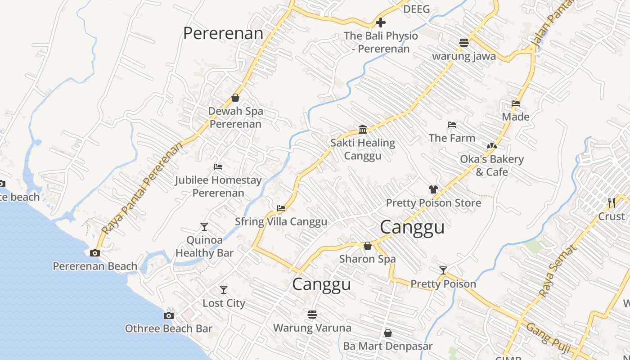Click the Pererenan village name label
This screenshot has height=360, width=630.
[x=223, y=33]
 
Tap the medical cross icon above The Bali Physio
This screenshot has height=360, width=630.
[x=381, y=22]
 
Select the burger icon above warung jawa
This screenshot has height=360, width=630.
[x=464, y=43]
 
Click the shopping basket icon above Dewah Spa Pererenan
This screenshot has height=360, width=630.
[x=235, y=98]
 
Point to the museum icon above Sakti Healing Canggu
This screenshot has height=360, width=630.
[x=363, y=130]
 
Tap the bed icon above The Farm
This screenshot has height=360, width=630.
[x=452, y=125]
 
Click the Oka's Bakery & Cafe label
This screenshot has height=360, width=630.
[x=492, y=166]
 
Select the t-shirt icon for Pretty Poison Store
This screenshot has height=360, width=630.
[x=433, y=189]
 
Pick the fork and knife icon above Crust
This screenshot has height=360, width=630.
[x=611, y=203]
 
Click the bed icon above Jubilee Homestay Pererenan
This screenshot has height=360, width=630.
[x=218, y=167]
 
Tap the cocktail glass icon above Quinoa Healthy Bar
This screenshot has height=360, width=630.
[x=204, y=226]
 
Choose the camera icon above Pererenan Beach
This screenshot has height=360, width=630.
[x=95, y=253]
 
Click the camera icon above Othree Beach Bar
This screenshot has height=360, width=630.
[x=169, y=315]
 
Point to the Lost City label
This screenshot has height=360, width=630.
[x=224, y=303]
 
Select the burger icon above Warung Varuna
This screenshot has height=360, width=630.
[x=312, y=314]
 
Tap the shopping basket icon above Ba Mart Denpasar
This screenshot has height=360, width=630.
[x=387, y=333]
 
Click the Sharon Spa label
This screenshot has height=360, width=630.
[x=368, y=259]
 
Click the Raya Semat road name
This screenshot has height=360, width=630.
[x=558, y=271]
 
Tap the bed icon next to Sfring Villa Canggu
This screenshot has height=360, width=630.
[x=281, y=208]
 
